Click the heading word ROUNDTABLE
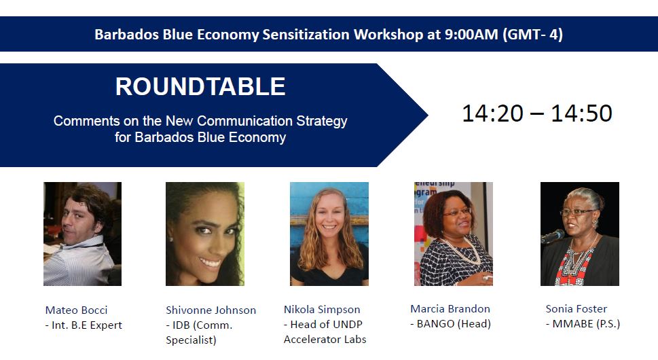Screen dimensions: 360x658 click(200, 87)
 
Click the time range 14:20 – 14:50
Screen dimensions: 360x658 click(536, 113)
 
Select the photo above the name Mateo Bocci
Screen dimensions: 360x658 click(82, 234)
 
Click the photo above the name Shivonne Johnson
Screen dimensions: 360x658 click(204, 234)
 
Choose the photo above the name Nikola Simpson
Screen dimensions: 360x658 click(329, 234)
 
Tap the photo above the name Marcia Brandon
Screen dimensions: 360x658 click(453, 234)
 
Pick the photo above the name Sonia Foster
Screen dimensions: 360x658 click(579, 234)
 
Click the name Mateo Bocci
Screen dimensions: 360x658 click(77, 310)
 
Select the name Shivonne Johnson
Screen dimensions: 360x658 click(211, 310)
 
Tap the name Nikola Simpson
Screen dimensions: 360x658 click(322, 310)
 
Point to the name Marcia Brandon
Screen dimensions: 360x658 click(450, 309)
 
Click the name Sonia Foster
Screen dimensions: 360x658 click(576, 309)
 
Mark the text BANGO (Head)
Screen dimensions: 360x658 click(454, 324)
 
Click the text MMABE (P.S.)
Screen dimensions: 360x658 click(586, 324)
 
